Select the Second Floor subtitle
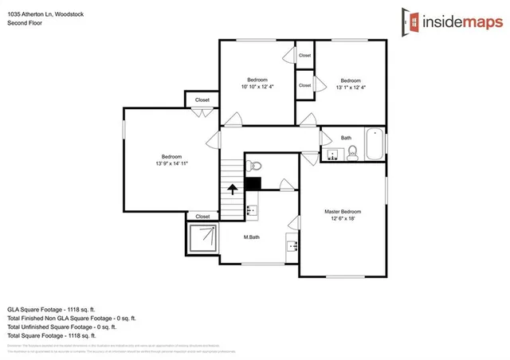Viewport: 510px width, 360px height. pos(25,23)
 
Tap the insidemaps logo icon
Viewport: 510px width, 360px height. pos(412,22)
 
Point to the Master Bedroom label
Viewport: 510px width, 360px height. pos(343,211)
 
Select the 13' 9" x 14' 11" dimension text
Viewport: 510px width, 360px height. pos(171,163)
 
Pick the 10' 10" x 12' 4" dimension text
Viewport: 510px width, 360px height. pos(257,86)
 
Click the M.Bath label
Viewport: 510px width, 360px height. pos(251,237)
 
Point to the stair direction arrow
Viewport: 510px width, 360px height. pos(232,190)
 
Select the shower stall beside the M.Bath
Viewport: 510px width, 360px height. pos(202,237)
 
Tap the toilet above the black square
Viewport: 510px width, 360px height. pos(253,166)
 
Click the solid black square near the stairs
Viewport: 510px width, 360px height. pos(253,183)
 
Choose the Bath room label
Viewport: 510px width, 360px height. pos(346,138)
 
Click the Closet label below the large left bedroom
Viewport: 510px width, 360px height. pos(202,216)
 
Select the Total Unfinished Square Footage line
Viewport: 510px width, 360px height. pos(61,326)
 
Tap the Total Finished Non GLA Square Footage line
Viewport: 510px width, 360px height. pos(71,316)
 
